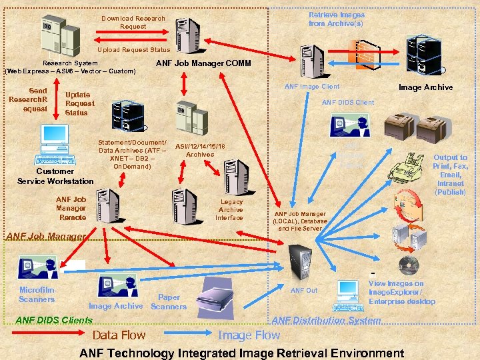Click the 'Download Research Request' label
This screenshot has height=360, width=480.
[133, 22]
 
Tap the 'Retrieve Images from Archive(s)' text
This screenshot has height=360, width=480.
[336, 19]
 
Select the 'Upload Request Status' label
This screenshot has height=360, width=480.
[133, 50]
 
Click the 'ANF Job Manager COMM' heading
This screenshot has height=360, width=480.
[203, 63]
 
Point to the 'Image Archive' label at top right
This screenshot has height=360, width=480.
[425, 87]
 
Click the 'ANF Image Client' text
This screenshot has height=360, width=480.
[311, 86]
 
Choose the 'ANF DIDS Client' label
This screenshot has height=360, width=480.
[347, 102]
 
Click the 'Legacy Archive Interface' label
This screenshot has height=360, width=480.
[231, 209]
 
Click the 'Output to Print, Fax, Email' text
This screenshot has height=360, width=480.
[450, 175]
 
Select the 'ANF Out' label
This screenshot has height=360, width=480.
[304, 290]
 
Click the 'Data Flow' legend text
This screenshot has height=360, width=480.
[119, 335]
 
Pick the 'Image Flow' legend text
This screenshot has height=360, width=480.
[249, 335]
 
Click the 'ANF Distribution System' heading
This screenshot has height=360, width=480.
[326, 321]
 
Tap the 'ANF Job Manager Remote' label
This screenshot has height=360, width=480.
[71, 208]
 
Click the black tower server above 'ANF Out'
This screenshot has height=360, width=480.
[297, 260]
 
